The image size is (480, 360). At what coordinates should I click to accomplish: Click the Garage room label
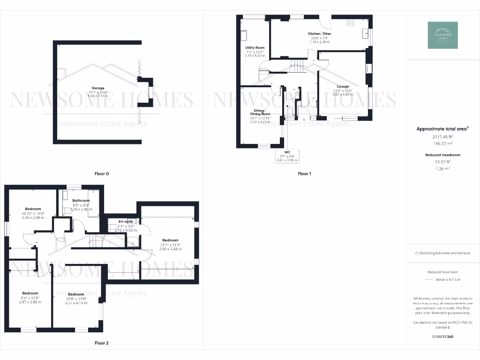point(98,88)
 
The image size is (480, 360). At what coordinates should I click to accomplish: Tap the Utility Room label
point(255,48)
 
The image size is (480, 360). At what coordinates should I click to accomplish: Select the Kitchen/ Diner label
point(319,34)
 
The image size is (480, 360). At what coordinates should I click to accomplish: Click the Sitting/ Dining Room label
point(259,112)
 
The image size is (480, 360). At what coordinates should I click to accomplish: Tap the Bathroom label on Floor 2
point(81,201)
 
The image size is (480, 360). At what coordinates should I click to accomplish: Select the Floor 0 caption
point(101,174)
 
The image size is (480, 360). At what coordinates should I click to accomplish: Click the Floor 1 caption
point(304,174)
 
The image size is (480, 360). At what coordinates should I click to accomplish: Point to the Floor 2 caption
point(101,343)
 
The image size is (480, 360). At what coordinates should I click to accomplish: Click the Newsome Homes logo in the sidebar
point(443,35)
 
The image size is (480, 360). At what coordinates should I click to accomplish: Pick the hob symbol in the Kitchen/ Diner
point(350,22)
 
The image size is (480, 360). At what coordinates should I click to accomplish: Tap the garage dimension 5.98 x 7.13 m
point(98,96)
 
